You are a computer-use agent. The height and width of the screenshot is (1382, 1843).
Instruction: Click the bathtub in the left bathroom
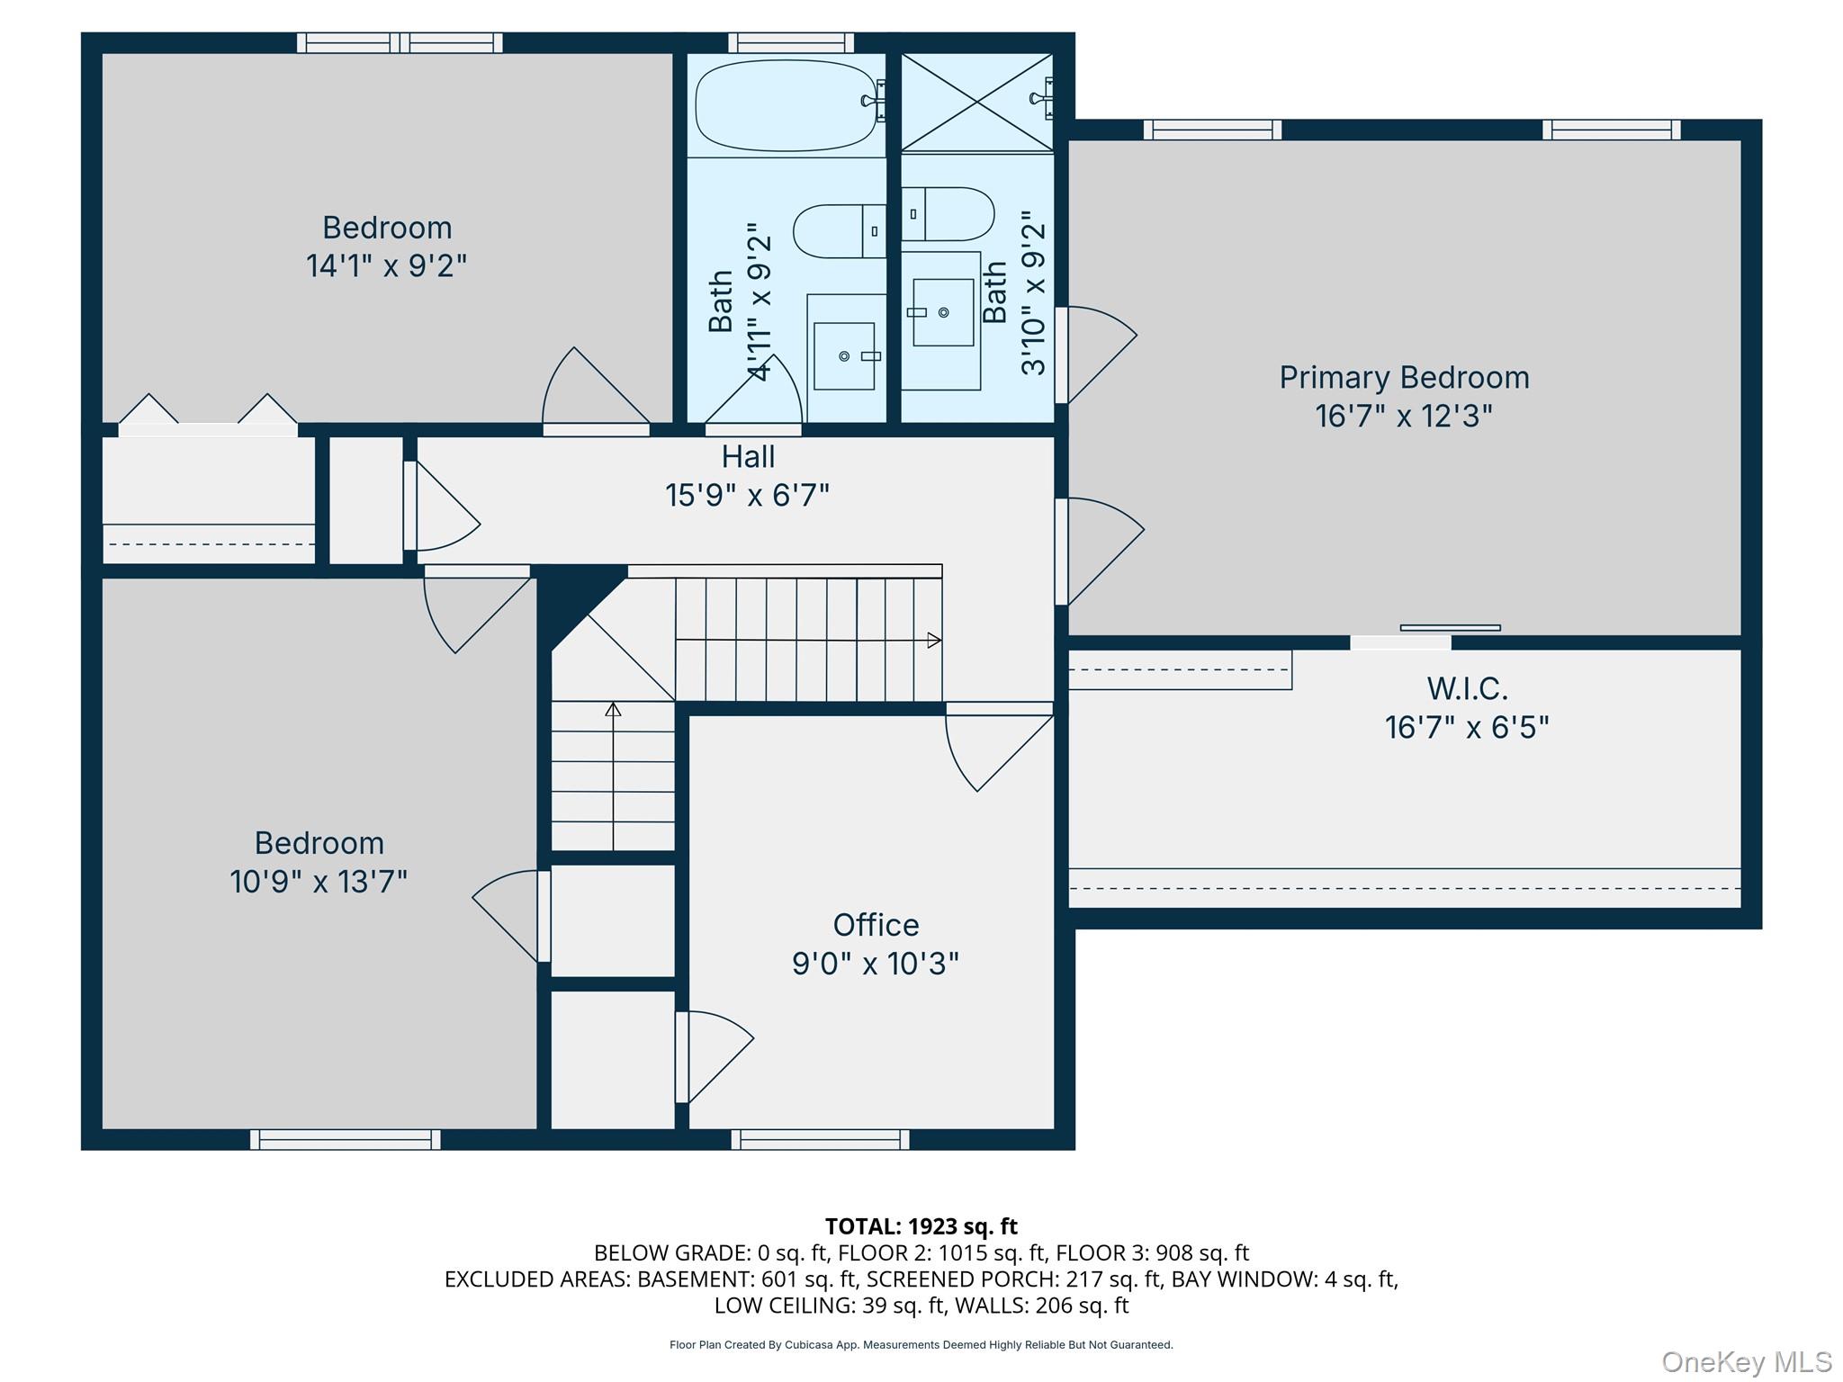[786, 105]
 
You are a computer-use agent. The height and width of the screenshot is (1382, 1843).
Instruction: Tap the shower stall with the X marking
[976, 102]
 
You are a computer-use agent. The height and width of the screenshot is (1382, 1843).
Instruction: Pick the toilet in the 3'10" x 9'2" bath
[948, 214]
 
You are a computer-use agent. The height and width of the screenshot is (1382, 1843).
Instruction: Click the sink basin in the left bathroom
[844, 356]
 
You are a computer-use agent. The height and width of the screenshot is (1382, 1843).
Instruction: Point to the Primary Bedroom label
[1404, 377]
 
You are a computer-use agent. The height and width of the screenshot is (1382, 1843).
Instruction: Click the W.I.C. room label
[1467, 688]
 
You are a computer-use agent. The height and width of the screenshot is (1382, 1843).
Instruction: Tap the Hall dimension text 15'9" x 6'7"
[747, 495]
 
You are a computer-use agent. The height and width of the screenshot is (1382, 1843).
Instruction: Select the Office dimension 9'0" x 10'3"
[875, 964]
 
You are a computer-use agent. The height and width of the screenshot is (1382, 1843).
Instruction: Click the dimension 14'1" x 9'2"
[386, 265]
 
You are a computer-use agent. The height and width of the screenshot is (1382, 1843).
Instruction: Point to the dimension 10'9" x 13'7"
[319, 881]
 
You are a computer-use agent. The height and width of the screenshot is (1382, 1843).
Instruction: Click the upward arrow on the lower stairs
[613, 710]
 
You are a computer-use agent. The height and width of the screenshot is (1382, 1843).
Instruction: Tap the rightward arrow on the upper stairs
[934, 641]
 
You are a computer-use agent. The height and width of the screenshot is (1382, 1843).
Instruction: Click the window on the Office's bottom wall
[820, 1139]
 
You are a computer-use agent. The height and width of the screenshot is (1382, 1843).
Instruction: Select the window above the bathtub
[790, 42]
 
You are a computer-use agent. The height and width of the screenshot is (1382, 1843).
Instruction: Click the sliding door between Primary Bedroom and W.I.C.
[1449, 628]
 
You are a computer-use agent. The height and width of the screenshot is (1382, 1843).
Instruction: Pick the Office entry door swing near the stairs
[999, 747]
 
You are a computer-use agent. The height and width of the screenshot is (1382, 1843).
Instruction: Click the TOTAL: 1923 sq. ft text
[921, 1226]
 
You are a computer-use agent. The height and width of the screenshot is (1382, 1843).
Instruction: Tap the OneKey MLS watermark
[1746, 1362]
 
